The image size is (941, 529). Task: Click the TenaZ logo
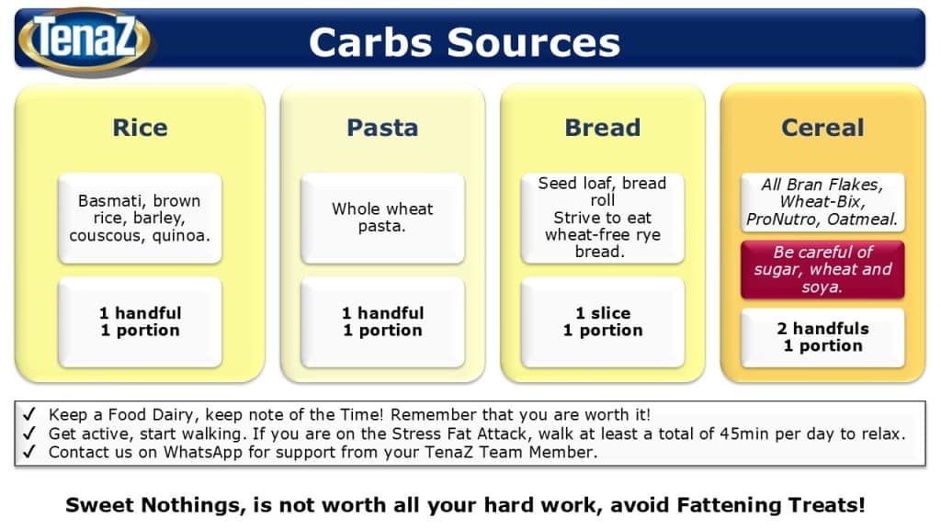click(x=85, y=39)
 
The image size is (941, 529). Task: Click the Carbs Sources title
click(x=464, y=42)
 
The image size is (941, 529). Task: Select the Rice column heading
click(x=140, y=128)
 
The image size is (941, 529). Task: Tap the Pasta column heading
click(x=382, y=128)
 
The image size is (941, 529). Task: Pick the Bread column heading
click(x=603, y=128)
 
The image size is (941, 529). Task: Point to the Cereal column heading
click(x=822, y=128)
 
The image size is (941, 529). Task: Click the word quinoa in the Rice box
click(x=181, y=236)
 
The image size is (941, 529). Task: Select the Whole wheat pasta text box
click(x=382, y=218)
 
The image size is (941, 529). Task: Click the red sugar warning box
click(x=822, y=269)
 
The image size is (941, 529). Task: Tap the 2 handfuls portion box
click(x=822, y=337)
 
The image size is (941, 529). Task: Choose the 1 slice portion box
click(x=603, y=322)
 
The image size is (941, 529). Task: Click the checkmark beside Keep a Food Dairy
click(x=28, y=414)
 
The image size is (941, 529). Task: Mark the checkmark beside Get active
click(x=28, y=433)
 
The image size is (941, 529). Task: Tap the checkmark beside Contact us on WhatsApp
click(x=28, y=452)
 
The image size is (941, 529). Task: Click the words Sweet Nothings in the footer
click(x=155, y=506)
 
